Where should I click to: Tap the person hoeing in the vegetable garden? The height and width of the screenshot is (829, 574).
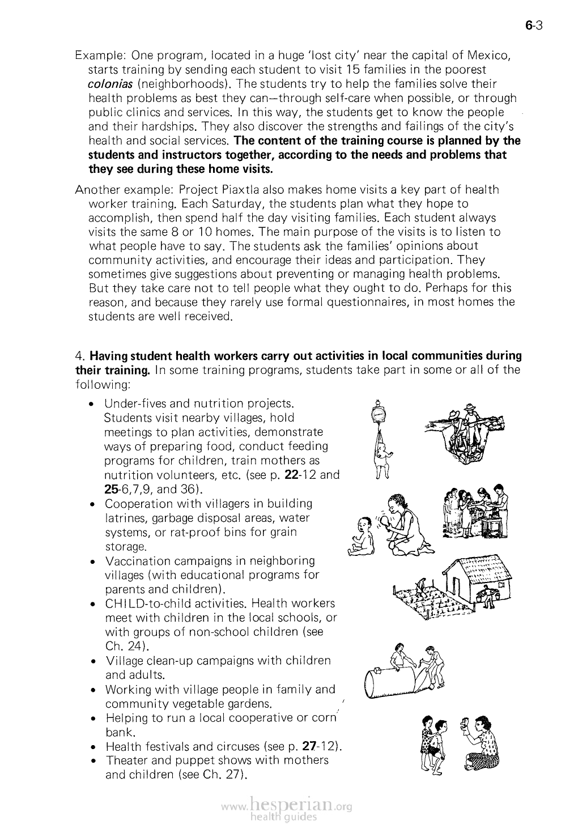click(419, 586)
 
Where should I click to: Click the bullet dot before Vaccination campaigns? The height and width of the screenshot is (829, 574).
click(92, 562)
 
